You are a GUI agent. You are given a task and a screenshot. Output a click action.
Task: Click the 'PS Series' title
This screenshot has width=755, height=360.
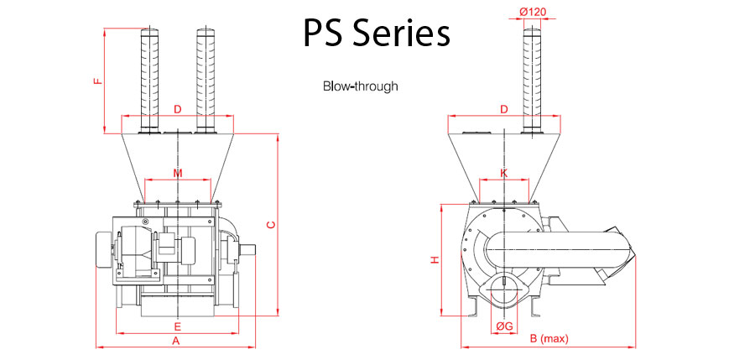(x=376, y=34)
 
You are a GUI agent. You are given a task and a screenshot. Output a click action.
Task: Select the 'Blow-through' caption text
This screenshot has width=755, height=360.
(x=360, y=86)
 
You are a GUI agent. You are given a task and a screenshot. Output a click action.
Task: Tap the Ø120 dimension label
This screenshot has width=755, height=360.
(x=534, y=12)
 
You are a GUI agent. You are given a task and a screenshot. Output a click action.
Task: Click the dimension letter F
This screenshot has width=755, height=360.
(x=98, y=82)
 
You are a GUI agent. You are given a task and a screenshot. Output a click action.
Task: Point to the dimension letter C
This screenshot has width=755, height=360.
(x=269, y=224)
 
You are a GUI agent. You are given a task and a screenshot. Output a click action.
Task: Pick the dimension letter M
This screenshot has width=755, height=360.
(x=177, y=173)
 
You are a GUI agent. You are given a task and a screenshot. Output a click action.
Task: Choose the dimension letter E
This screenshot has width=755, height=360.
(x=177, y=325)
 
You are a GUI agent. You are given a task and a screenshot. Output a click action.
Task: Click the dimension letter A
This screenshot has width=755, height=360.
(x=176, y=341)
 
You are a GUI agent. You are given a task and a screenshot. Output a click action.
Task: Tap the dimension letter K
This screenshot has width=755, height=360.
(x=503, y=173)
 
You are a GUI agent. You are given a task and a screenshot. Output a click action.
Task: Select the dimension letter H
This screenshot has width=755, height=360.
(x=434, y=260)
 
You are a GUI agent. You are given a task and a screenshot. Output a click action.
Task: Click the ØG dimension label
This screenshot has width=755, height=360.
(x=504, y=326)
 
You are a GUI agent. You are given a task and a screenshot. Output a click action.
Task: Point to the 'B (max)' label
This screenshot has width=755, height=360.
(x=549, y=338)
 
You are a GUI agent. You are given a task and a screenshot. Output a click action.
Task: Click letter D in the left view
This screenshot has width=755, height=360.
(x=177, y=110)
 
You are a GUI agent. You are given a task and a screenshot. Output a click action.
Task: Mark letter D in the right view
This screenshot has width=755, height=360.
(x=503, y=110)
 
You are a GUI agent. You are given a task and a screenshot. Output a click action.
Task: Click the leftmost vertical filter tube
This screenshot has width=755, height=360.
(x=149, y=80)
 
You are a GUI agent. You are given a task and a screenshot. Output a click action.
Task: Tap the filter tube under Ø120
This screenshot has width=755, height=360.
(x=534, y=80)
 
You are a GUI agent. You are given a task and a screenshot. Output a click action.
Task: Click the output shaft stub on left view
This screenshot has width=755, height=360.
(x=249, y=248)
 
